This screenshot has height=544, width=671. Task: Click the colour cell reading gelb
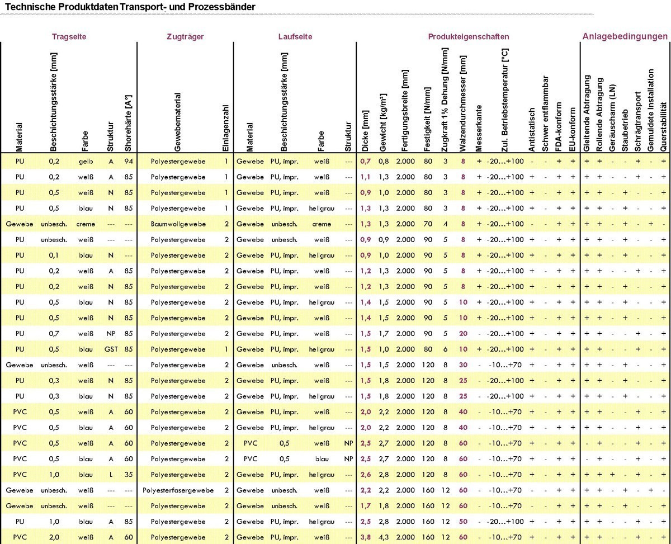click(85, 162)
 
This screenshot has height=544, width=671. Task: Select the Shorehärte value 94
click(129, 162)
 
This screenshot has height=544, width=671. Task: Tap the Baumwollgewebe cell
click(178, 224)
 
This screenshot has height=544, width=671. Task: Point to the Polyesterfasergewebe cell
click(178, 490)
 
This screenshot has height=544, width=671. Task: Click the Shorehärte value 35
click(129, 475)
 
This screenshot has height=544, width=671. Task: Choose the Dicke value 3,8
click(365, 537)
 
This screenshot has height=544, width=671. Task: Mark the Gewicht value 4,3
click(383, 537)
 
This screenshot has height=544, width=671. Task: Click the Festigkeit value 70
click(428, 224)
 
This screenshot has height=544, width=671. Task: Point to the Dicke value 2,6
click(365, 475)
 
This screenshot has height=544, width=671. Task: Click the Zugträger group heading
click(185, 37)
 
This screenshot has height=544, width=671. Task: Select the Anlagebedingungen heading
click(625, 36)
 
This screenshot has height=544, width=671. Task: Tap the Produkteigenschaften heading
click(469, 37)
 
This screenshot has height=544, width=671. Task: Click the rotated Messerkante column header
click(479, 128)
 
